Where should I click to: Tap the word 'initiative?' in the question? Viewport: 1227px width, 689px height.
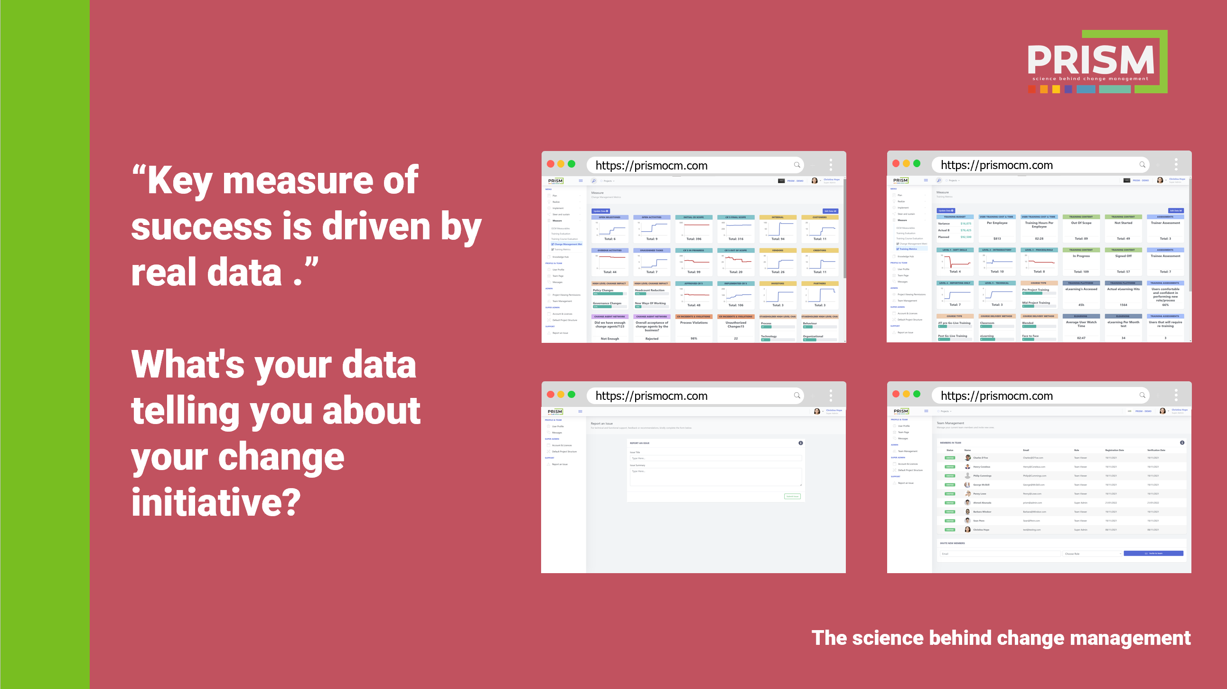(x=216, y=502)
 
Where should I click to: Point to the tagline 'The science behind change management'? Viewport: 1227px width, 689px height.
(x=1001, y=638)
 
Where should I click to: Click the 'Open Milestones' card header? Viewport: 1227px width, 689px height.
(x=609, y=217)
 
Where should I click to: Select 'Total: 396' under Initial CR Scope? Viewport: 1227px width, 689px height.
(x=693, y=239)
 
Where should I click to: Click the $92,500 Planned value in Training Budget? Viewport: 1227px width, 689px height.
(x=965, y=237)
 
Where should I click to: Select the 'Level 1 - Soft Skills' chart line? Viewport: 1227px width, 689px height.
(x=955, y=262)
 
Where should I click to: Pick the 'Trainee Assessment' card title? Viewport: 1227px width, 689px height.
(x=1165, y=256)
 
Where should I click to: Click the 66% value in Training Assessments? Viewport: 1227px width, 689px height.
(x=1165, y=305)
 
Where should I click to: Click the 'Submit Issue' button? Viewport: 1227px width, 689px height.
(x=792, y=497)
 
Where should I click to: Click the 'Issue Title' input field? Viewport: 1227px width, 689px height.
(x=715, y=458)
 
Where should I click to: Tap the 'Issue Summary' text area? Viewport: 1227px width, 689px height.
(x=715, y=477)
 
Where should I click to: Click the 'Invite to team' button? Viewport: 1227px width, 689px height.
(x=1153, y=554)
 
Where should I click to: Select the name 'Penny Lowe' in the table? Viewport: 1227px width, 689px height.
(x=980, y=494)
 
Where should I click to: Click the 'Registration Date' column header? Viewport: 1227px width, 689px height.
(x=1114, y=450)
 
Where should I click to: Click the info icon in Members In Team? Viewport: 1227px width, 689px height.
(x=1182, y=443)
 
